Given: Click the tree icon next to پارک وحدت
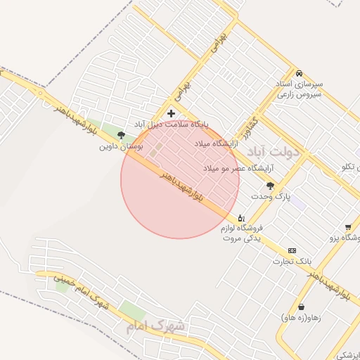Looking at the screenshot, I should pyautogui.click(x=271, y=185).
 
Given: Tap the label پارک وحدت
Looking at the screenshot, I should pyautogui.click(x=271, y=195).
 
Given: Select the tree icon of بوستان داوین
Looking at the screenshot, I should pyautogui.click(x=121, y=135).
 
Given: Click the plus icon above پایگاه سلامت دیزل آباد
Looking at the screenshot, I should pyautogui.click(x=171, y=113).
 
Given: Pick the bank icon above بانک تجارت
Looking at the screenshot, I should pyautogui.click(x=292, y=250).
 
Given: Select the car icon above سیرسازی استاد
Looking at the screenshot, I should pyautogui.click(x=299, y=73).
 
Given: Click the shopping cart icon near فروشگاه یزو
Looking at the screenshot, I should pyautogui.click(x=348, y=226).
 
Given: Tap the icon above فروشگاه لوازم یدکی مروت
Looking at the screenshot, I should pyautogui.click(x=241, y=218).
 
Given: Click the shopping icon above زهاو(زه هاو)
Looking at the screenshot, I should pyautogui.click(x=302, y=307).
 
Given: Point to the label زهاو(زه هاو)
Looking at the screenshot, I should pyautogui.click(x=300, y=318).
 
